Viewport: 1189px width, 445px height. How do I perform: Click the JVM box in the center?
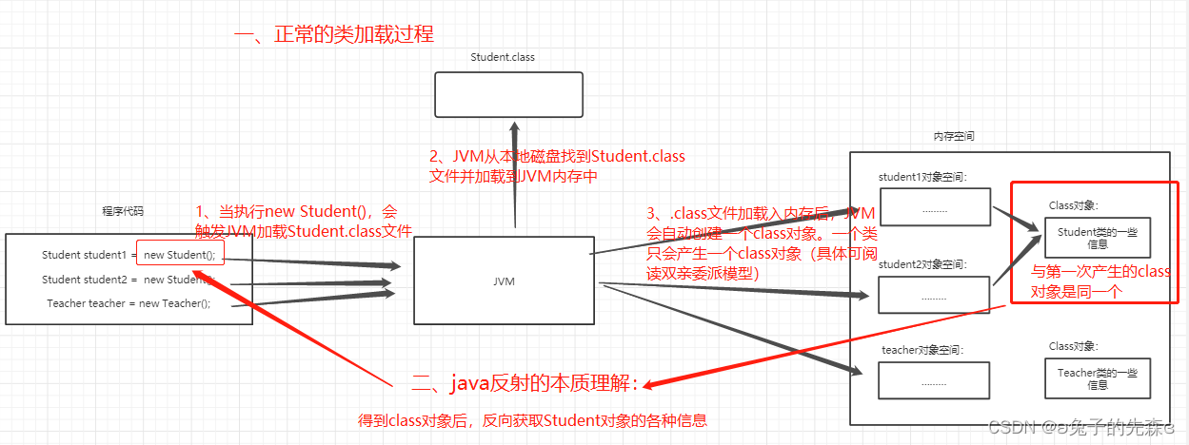(504, 281)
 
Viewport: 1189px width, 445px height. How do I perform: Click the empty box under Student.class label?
(508, 95)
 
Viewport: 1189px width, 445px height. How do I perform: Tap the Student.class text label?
(503, 57)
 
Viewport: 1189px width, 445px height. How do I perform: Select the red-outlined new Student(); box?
(181, 254)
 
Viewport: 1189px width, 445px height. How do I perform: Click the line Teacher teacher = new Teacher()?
(129, 303)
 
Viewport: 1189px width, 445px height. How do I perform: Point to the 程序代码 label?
(123, 211)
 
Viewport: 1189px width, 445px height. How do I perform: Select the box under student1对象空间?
(934, 208)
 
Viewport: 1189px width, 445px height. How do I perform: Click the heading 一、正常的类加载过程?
(333, 35)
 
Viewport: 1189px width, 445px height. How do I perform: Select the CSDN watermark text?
(1080, 428)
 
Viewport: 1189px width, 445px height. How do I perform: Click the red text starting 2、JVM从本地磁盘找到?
(557, 165)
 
